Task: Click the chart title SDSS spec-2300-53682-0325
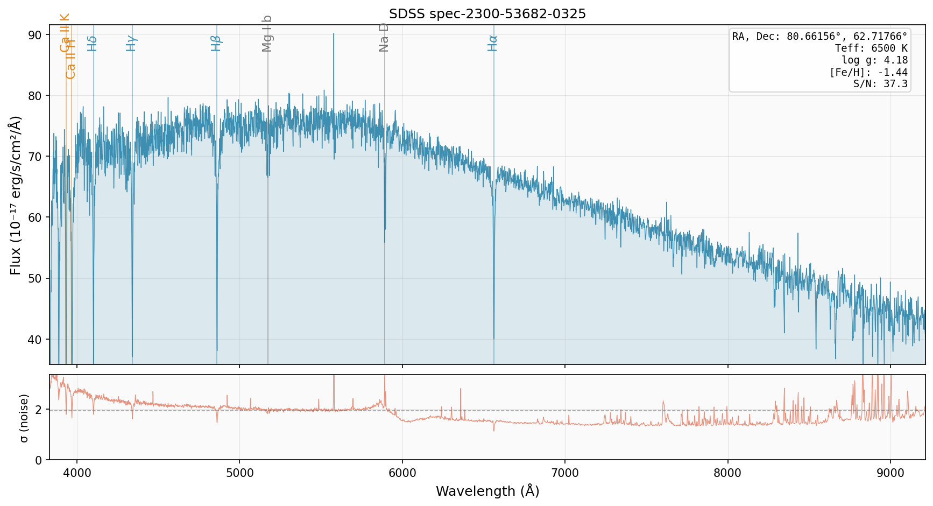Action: (x=487, y=14)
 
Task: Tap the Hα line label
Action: (x=492, y=43)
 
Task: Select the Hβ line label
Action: (x=216, y=43)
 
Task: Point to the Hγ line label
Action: (x=131, y=43)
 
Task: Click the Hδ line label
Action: (x=92, y=43)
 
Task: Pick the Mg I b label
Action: (x=267, y=34)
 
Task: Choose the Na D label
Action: (x=384, y=37)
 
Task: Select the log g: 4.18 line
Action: (x=874, y=60)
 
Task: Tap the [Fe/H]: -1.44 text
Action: (x=868, y=72)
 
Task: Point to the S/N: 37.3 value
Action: (x=880, y=84)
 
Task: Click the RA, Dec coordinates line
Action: (x=819, y=37)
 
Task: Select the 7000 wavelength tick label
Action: (x=565, y=473)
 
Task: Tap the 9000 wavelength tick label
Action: (x=890, y=473)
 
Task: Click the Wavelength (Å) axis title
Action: (x=487, y=491)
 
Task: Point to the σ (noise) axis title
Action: (x=24, y=418)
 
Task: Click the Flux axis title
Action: (x=16, y=195)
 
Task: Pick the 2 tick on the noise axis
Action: (x=39, y=410)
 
